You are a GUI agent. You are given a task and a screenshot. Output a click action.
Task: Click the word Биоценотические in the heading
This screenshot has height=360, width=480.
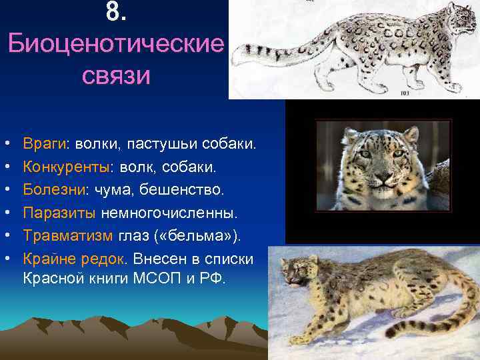point(116,45)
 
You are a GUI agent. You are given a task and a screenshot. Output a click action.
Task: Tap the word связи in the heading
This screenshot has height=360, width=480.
point(116,75)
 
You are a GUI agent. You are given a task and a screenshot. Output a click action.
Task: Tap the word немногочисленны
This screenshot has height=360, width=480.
point(178,213)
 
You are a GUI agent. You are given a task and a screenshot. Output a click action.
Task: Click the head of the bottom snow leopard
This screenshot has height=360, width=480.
point(297,273)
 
